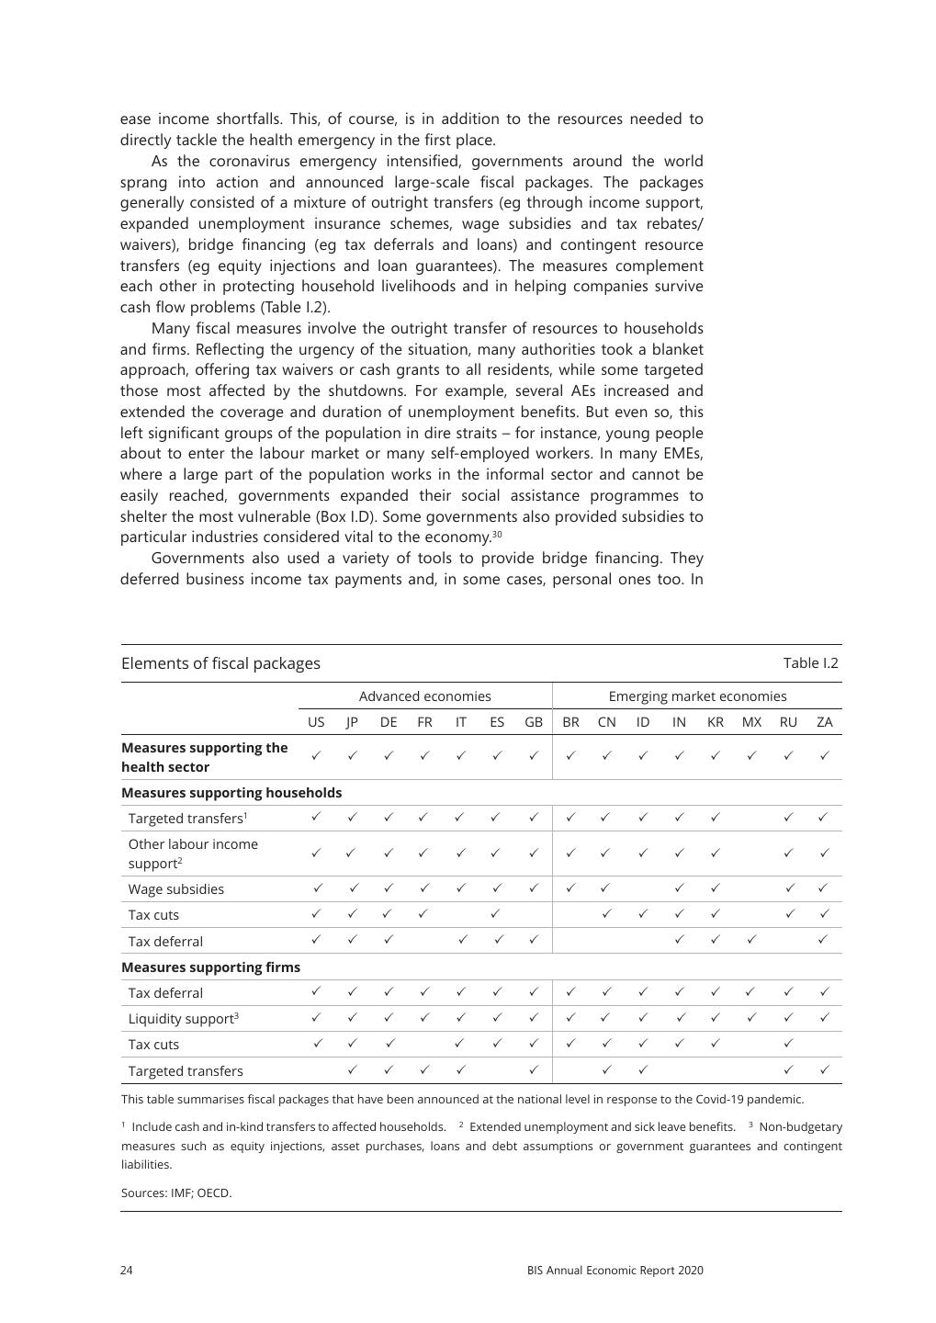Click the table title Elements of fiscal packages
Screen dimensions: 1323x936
[220, 663]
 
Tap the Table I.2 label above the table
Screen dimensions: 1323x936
[810, 663]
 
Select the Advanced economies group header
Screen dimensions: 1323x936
[424, 696]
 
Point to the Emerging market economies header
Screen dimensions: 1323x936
[697, 696]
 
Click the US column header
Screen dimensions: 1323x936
[316, 722]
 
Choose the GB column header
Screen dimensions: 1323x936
[534, 722]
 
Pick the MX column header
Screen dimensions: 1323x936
[751, 722]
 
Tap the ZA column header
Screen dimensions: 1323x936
[824, 722]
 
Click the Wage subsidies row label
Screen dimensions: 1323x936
[175, 889]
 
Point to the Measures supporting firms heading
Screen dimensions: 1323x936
[210, 967]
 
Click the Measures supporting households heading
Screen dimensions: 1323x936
[231, 793]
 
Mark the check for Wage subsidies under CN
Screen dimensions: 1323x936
[605, 888]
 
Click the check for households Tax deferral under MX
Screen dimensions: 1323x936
[751, 940]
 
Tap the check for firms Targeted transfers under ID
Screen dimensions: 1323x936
[643, 1069]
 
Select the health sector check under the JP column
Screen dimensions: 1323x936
[352, 755]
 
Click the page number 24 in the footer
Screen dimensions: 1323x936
[127, 1271]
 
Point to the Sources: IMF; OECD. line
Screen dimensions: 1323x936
[176, 1193]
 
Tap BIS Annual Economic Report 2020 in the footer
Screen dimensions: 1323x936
[615, 1271]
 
